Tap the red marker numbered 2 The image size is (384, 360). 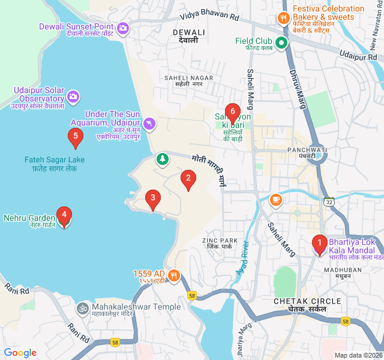point(188,178)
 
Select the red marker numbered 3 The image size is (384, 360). point(153,198)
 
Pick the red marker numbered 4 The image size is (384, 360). point(64,215)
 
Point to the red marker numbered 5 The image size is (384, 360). point(75,136)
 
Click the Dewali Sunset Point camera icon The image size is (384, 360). point(123,27)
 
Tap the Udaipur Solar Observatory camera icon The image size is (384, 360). point(73,96)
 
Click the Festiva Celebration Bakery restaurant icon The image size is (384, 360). point(284,18)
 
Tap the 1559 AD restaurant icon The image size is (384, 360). point(174,276)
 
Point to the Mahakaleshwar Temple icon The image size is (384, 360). point(82,308)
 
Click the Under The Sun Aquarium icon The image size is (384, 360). point(149,124)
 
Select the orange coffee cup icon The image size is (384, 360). point(275,199)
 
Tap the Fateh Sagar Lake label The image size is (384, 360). point(55,160)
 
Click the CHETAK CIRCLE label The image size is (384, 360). point(307,301)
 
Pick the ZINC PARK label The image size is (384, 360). point(220,241)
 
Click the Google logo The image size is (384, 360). point(20,353)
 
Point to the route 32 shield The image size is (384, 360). point(329,202)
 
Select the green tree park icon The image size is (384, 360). point(161,159)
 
